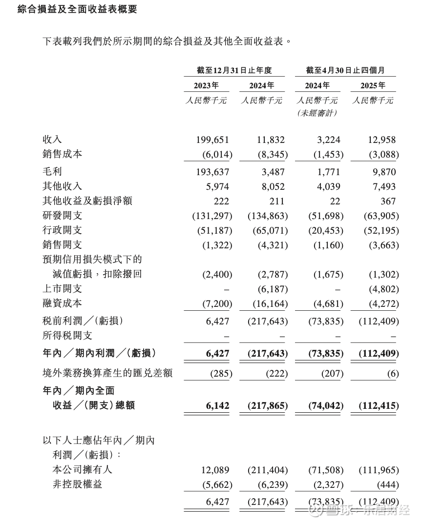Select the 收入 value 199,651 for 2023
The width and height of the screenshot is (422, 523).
(212, 140)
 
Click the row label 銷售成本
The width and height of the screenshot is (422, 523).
(63, 154)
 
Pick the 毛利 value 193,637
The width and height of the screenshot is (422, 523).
(212, 172)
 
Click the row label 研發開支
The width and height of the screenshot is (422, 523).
(63, 216)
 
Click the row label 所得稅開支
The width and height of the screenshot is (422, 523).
(67, 336)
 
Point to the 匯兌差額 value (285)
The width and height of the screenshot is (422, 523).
(218, 374)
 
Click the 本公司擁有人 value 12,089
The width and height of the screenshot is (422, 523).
(215, 470)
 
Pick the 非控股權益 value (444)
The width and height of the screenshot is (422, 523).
(388, 485)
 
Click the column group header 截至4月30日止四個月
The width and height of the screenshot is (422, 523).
(345, 71)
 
